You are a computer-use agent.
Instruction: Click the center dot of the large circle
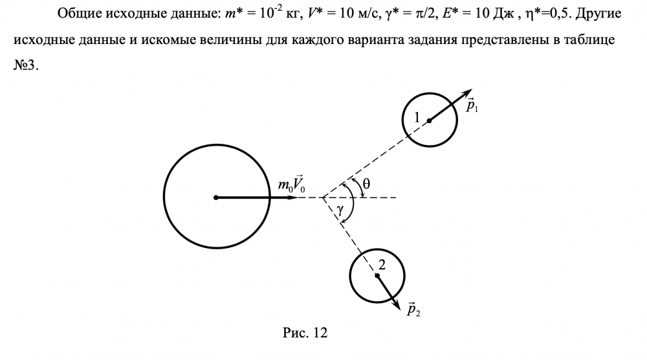point(216,197)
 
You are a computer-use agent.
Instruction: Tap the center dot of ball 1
point(428,120)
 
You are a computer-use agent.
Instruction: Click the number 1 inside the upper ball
point(417,117)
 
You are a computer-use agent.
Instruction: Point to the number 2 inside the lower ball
point(382,264)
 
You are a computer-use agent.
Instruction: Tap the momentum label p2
point(414,310)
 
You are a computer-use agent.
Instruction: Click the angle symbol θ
point(366,184)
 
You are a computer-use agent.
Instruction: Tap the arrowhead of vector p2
point(396,302)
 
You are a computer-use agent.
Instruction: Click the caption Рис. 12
point(305,333)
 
